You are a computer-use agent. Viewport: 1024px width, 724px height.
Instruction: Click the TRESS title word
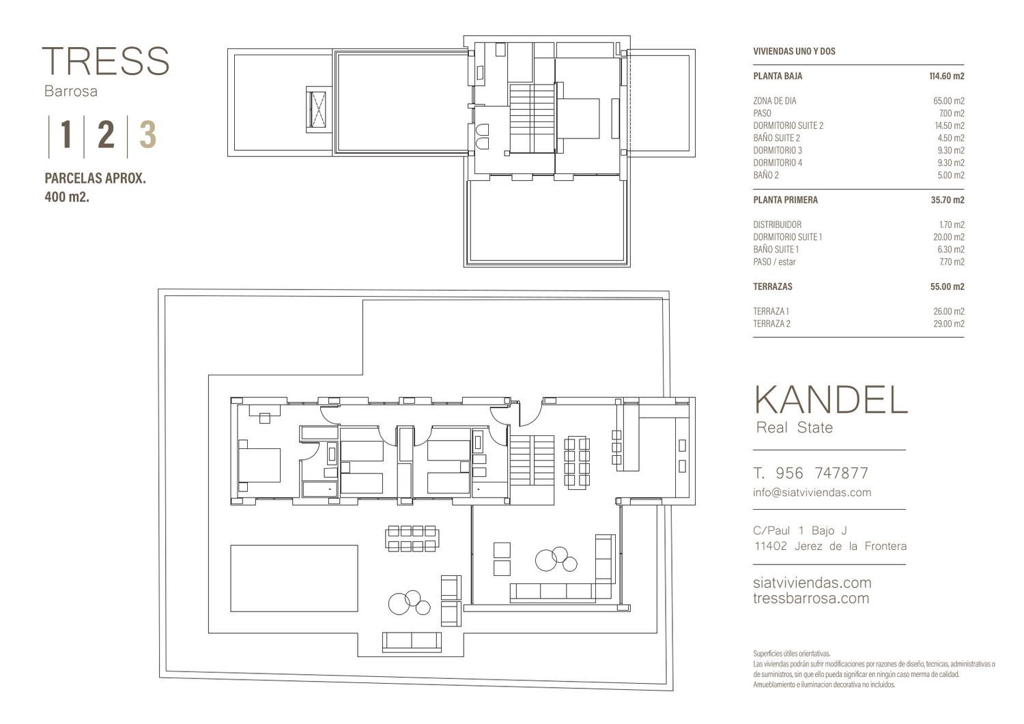pyautogui.click(x=106, y=61)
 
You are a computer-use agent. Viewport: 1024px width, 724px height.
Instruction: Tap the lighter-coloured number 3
pyautogui.click(x=147, y=134)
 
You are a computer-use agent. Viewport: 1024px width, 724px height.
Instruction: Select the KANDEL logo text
pyautogui.click(x=830, y=400)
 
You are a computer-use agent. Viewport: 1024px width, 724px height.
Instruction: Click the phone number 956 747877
pyautogui.click(x=822, y=474)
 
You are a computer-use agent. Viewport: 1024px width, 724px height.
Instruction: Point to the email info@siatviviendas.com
pyautogui.click(x=812, y=493)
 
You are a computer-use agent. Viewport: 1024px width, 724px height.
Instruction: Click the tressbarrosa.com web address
pyautogui.click(x=811, y=598)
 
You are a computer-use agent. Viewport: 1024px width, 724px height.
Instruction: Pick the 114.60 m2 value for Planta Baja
pyautogui.click(x=947, y=76)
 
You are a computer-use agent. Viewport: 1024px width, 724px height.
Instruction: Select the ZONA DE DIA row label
pyautogui.click(x=775, y=101)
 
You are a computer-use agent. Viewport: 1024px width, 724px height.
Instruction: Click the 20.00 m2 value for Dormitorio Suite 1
pyautogui.click(x=949, y=237)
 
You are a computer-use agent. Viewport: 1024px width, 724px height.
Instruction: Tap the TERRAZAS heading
pyautogui.click(x=773, y=287)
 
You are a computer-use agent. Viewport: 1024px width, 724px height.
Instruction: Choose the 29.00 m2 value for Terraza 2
pyautogui.click(x=949, y=324)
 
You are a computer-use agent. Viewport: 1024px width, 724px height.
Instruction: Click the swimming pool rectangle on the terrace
pyautogui.click(x=294, y=578)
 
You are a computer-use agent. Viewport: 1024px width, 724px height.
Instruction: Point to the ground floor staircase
pyautogui.click(x=532, y=461)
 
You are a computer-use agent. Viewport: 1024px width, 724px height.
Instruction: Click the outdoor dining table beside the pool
pyautogui.click(x=412, y=538)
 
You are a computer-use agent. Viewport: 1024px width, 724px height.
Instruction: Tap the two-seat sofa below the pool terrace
pyautogui.click(x=412, y=641)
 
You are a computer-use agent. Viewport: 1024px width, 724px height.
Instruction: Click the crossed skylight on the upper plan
pyautogui.click(x=317, y=108)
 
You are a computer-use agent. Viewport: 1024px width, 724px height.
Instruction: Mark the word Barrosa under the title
pyautogui.click(x=71, y=91)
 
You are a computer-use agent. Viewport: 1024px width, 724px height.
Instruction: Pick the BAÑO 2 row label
pyautogui.click(x=766, y=175)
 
